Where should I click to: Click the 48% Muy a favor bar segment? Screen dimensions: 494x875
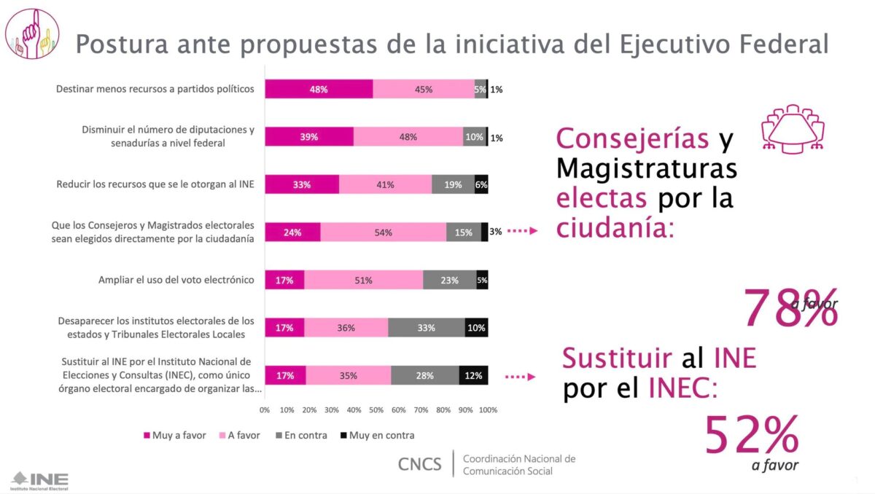[319, 90]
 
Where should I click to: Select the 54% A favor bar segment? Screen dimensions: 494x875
[383, 232]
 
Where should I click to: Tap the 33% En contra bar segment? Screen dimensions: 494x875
[426, 328]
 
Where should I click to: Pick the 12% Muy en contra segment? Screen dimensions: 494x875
[473, 376]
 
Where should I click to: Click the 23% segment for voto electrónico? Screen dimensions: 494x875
[450, 281]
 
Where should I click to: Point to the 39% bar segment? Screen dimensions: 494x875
[309, 137]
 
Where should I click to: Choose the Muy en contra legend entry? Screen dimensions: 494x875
[376, 436]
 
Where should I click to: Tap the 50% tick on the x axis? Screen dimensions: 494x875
[376, 410]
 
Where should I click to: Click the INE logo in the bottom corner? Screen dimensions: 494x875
[40, 480]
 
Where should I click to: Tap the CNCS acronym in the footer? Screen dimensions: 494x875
[419, 464]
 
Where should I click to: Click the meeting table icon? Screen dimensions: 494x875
[792, 128]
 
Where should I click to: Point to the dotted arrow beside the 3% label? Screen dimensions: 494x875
[522, 231]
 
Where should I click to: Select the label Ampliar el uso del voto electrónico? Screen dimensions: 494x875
[176, 281]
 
